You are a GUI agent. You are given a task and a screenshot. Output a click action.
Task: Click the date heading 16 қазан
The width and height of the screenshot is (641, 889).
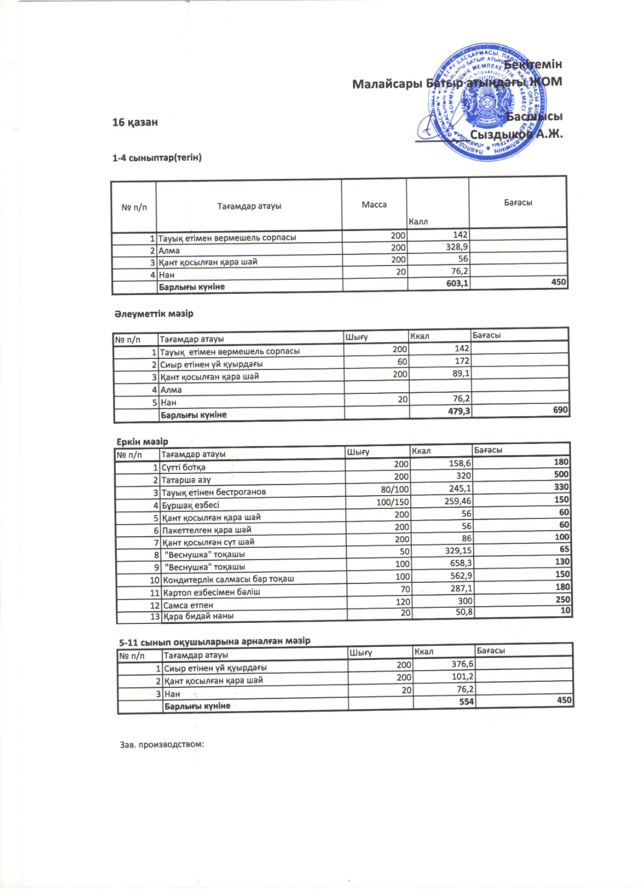pyautogui.click(x=135, y=122)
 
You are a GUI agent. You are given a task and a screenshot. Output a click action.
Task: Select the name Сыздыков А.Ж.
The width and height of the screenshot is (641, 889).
pyautogui.click(x=516, y=134)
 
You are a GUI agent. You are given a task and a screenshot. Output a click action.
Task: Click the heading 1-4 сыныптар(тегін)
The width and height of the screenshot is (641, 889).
pyautogui.click(x=157, y=158)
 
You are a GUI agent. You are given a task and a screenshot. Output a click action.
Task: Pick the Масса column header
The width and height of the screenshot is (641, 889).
pyautogui.click(x=374, y=204)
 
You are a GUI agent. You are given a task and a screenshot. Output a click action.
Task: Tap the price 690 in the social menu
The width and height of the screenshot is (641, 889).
pyautogui.click(x=560, y=410)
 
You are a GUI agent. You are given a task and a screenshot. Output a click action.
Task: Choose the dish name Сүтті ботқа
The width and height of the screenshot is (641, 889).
pyautogui.click(x=183, y=467)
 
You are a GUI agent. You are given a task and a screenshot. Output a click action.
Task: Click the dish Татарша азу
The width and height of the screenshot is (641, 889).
pyautogui.click(x=186, y=480)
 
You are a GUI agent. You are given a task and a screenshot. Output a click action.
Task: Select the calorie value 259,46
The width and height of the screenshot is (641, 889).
pyautogui.click(x=456, y=501)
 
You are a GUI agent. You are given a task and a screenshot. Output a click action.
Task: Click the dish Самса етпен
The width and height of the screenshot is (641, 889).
pyautogui.click(x=188, y=605)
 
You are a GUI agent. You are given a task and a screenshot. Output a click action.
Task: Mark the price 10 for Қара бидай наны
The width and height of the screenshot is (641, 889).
pyautogui.click(x=565, y=610)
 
